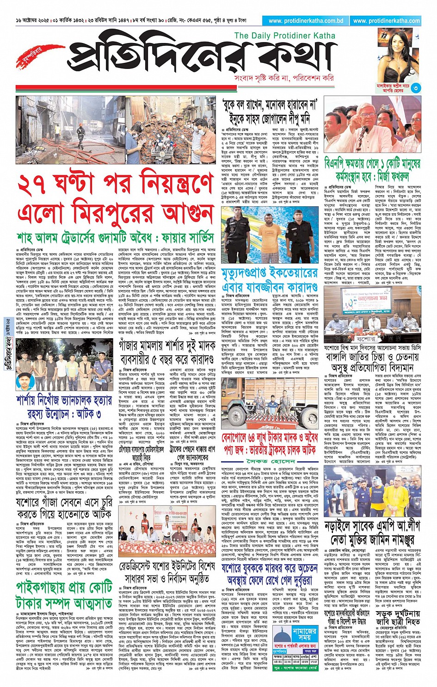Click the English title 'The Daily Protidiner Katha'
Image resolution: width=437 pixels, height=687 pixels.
pos(284,36)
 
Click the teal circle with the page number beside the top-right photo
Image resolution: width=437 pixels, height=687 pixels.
pos(416,87)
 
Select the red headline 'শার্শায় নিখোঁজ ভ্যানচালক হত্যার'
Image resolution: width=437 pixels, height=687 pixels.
pos(64,400)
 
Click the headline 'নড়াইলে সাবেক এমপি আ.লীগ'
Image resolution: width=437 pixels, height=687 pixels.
pos(372,528)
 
